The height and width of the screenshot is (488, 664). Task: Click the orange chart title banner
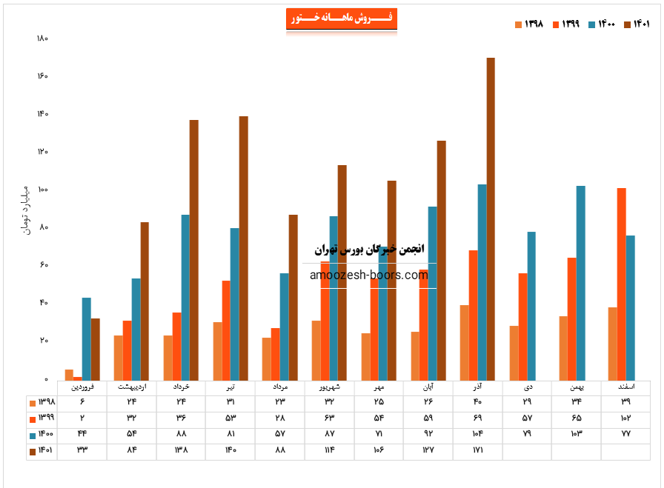pyautogui.click(x=342, y=19)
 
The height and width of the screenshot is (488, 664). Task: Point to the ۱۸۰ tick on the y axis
pyautogui.click(x=42, y=39)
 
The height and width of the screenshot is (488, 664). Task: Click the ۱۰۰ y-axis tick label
pyautogui.click(x=42, y=190)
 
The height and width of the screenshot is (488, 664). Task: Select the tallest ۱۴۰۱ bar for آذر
pyautogui.click(x=491, y=218)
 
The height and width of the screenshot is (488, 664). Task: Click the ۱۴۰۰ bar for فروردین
pyautogui.click(x=87, y=338)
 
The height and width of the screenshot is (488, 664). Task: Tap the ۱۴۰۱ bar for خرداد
pyautogui.click(x=194, y=250)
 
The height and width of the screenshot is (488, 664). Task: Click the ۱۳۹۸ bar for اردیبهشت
pyautogui.click(x=119, y=357)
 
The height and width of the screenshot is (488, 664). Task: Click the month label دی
pyautogui.click(x=527, y=387)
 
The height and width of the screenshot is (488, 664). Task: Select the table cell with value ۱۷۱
pyautogui.click(x=477, y=450)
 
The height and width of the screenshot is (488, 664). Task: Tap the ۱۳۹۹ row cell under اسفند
pyautogui.click(x=625, y=418)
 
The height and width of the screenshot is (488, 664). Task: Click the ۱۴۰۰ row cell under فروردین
pyautogui.click(x=82, y=434)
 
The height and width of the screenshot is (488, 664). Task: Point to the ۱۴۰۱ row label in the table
pyautogui.click(x=42, y=450)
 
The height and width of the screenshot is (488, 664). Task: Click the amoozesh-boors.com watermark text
pyautogui.click(x=369, y=275)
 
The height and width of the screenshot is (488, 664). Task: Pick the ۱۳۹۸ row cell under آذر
pyautogui.click(x=477, y=401)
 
